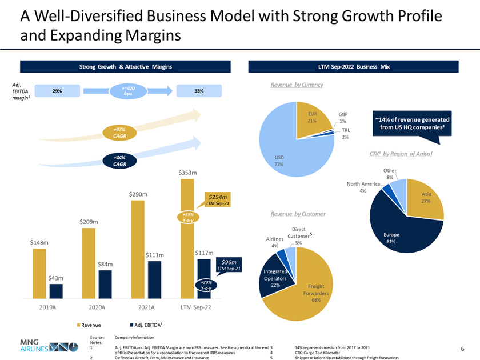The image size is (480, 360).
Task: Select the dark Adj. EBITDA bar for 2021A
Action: point(154,279)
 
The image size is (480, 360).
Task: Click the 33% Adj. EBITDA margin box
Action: point(198,91)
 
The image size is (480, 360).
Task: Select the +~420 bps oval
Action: point(129,91)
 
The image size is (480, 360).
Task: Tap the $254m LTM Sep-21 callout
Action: point(217,199)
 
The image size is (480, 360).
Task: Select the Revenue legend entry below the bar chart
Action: point(89,325)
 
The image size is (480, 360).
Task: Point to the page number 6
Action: point(462,348)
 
